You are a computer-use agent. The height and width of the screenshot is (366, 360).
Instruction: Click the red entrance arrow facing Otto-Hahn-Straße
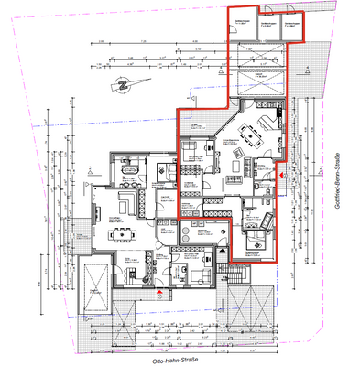(161, 293)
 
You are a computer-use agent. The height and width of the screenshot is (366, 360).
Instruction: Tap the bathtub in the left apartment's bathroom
(126, 168)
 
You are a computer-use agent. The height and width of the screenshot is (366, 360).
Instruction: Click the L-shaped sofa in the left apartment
(128, 200)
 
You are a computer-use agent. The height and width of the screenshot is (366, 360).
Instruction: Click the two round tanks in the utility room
(192, 231)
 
